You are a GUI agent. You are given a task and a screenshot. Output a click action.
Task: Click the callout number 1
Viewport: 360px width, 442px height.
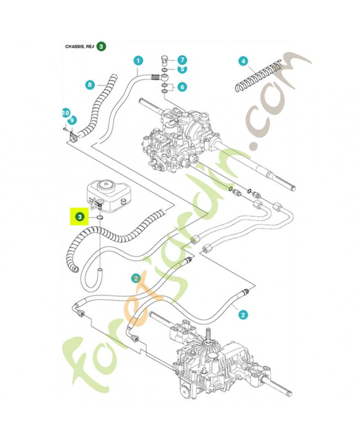pyautogui.click(x=138, y=61)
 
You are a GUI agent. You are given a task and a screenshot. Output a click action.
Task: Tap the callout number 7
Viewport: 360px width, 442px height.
pyautogui.click(x=182, y=60)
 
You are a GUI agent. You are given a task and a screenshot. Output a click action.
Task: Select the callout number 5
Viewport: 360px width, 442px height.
pyautogui.click(x=182, y=69)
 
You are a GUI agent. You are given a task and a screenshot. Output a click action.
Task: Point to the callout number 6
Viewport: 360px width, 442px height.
pyautogui.click(x=182, y=86)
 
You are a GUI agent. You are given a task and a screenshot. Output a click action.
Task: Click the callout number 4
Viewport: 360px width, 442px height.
pyautogui.click(x=242, y=61)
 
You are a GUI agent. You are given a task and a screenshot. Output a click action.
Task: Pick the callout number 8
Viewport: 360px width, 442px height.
pyautogui.click(x=90, y=85)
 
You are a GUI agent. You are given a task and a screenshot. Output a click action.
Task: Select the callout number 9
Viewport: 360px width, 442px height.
pyautogui.click(x=71, y=120)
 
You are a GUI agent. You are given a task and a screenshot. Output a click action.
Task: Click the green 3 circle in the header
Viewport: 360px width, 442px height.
pyautogui.click(x=102, y=47)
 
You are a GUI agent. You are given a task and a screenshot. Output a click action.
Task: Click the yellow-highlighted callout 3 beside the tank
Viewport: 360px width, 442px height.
pyautogui.click(x=80, y=217)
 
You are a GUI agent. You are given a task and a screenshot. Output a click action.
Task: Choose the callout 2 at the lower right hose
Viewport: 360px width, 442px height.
pyautogui.click(x=242, y=315)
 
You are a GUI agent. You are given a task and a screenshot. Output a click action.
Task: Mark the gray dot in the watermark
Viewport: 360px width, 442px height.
pyautogui.click(x=255, y=148)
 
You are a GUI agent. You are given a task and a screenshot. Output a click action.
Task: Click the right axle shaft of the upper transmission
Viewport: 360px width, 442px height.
pyautogui.click(x=276, y=171)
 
